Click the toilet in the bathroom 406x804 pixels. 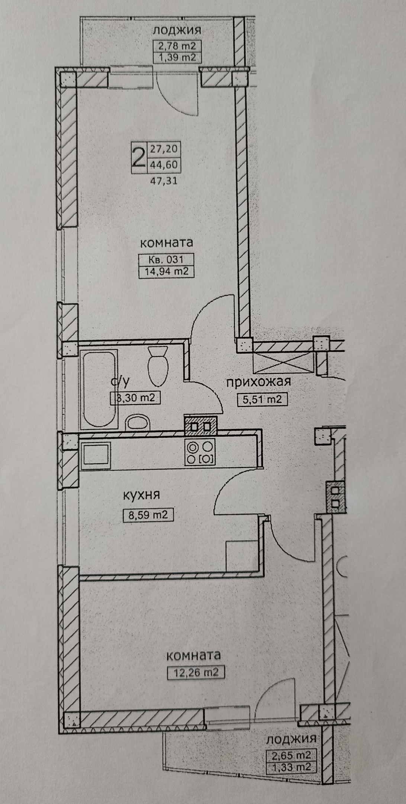point(158,366)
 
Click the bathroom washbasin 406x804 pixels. point(137,423)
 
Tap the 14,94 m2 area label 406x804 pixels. point(166,272)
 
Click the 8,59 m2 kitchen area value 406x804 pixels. point(148,515)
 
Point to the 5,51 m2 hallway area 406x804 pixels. point(262,399)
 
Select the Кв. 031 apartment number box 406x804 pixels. point(166,259)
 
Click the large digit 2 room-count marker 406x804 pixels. point(139,158)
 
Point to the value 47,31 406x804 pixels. point(164,181)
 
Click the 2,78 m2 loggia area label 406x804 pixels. point(177,46)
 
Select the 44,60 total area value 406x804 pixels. point(164,164)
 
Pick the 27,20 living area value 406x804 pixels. point(164,149)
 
